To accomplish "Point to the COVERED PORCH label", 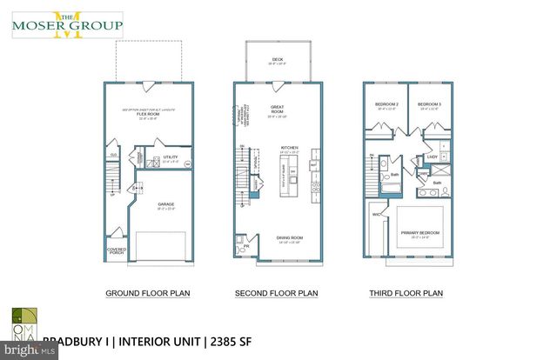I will pyautogui.click(x=117, y=250).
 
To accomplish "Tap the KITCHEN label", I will pyautogui.click(x=289, y=149).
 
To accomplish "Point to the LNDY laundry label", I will pyautogui.click(x=432, y=157).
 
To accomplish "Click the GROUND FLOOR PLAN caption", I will pyautogui.click(x=148, y=293).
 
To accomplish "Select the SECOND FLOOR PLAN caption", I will pyautogui.click(x=277, y=293).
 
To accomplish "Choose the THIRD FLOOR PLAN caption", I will pyautogui.click(x=406, y=293).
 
